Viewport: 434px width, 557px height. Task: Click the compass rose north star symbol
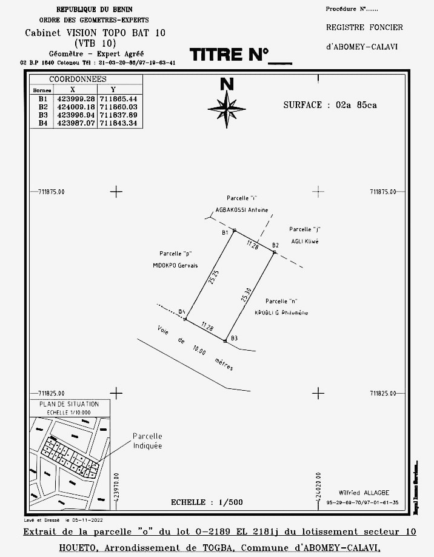(x=227, y=109)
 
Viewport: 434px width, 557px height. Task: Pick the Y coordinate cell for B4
(x=120, y=123)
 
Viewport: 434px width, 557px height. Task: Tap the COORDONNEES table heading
(x=78, y=79)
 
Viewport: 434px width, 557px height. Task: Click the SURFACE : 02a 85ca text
(x=330, y=105)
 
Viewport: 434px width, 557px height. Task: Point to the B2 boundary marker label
(x=275, y=245)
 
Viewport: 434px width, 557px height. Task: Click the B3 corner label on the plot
(x=234, y=338)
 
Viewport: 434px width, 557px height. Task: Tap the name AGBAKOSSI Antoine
(x=242, y=211)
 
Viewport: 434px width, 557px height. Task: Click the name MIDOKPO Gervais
(x=175, y=266)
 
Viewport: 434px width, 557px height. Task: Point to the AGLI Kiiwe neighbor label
(x=304, y=241)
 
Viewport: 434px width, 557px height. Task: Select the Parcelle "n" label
(x=281, y=301)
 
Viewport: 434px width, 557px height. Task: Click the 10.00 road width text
(x=198, y=351)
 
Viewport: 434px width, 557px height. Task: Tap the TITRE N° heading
(x=240, y=55)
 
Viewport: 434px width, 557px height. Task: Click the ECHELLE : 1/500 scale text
(x=207, y=502)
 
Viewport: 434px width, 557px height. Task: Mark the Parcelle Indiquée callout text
(x=147, y=441)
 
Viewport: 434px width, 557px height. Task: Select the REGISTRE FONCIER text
(x=364, y=27)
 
